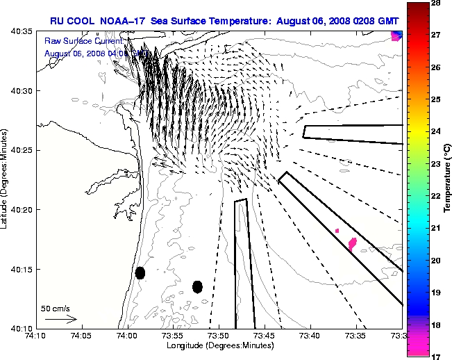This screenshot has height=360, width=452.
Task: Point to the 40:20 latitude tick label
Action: [19, 209]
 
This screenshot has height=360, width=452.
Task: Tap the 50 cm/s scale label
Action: [55, 308]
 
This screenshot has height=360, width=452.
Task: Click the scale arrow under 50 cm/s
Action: [60, 319]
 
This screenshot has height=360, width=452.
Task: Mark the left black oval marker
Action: [140, 272]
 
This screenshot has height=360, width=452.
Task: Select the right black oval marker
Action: [197, 286]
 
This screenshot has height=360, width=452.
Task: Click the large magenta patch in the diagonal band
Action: [353, 243]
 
